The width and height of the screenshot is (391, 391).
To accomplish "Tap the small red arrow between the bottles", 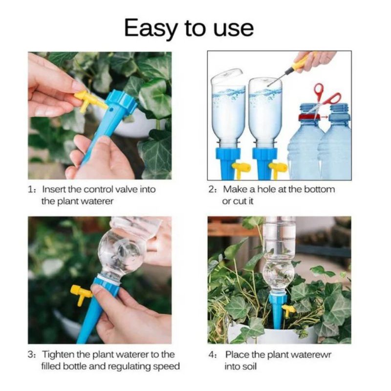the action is [325, 117].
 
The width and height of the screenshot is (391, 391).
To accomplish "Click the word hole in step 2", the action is [266, 189].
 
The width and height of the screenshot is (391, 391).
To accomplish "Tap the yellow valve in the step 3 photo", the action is [81, 294].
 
